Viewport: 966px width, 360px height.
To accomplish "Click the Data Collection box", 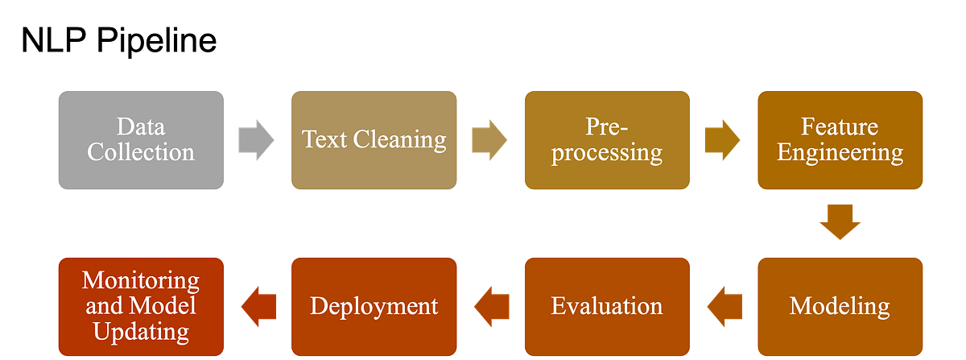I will click(x=141, y=139).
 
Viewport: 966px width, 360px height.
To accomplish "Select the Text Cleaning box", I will click(x=374, y=139).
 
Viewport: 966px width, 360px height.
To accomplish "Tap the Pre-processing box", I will click(x=608, y=139).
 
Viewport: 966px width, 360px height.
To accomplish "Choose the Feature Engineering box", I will click(x=840, y=139).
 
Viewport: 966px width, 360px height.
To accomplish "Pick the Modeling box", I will click(x=840, y=306).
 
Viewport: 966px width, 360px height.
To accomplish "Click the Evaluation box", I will click(x=608, y=306).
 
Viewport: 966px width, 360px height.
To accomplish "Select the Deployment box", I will click(x=374, y=306).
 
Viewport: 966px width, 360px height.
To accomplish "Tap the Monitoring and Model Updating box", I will click(x=141, y=306).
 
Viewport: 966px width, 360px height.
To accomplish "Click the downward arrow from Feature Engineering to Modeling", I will click(x=840, y=221).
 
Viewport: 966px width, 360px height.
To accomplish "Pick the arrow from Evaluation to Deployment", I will click(x=491, y=306).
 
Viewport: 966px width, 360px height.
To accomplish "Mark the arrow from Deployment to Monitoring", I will click(x=258, y=306).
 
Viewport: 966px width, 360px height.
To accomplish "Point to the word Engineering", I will click(x=840, y=152).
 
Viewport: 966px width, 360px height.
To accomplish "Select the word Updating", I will click(x=141, y=330).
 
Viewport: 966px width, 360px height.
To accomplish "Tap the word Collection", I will click(x=141, y=152).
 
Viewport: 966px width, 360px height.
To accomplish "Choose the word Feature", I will click(x=840, y=126).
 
